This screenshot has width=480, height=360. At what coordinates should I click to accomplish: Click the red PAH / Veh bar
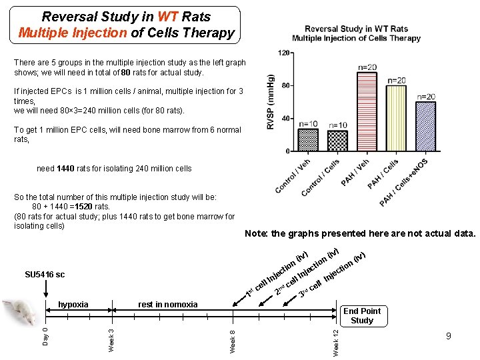point(367,111)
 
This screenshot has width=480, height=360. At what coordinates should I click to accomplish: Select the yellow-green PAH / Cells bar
point(396,118)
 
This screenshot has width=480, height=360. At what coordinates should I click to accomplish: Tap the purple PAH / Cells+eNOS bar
point(425,126)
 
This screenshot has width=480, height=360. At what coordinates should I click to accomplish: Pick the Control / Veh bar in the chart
point(308,141)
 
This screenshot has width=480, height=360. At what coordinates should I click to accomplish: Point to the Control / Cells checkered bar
point(338,141)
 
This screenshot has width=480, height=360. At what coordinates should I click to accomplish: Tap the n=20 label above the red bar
point(367,67)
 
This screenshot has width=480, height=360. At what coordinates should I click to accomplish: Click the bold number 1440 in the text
point(68,169)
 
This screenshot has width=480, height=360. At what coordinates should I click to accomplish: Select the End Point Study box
point(362,315)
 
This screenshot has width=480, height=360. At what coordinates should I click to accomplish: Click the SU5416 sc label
point(45,275)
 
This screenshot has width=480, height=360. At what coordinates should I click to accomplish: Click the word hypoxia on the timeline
point(73,305)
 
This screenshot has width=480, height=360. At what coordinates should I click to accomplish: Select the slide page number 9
point(448,336)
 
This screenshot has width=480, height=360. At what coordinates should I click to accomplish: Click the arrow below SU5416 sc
point(45,290)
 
